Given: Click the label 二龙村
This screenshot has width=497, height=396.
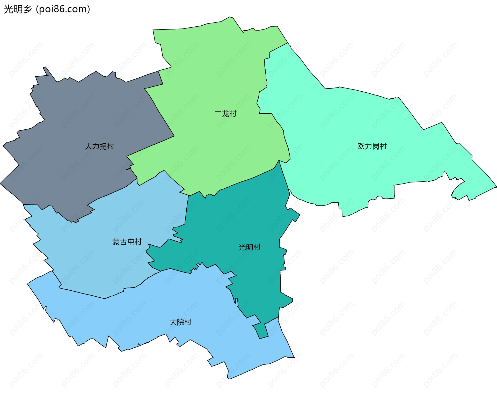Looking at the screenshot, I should point(225,114).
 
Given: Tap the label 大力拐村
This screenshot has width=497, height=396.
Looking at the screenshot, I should point(99,146).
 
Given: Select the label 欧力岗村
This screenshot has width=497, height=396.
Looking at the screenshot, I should point(372,146).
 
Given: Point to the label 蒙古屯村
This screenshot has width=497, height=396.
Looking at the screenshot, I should point(127,242).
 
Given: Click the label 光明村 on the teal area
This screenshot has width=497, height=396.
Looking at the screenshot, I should point(249,247).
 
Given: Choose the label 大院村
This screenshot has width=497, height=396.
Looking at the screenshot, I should point(180,322).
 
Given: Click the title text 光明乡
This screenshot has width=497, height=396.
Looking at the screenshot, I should point(18,9).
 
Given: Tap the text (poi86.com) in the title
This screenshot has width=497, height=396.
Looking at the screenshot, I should point(63,9).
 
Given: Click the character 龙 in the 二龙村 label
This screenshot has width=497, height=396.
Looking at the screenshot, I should point(225,114).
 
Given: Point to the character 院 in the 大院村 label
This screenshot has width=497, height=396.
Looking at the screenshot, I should point(180,322).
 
